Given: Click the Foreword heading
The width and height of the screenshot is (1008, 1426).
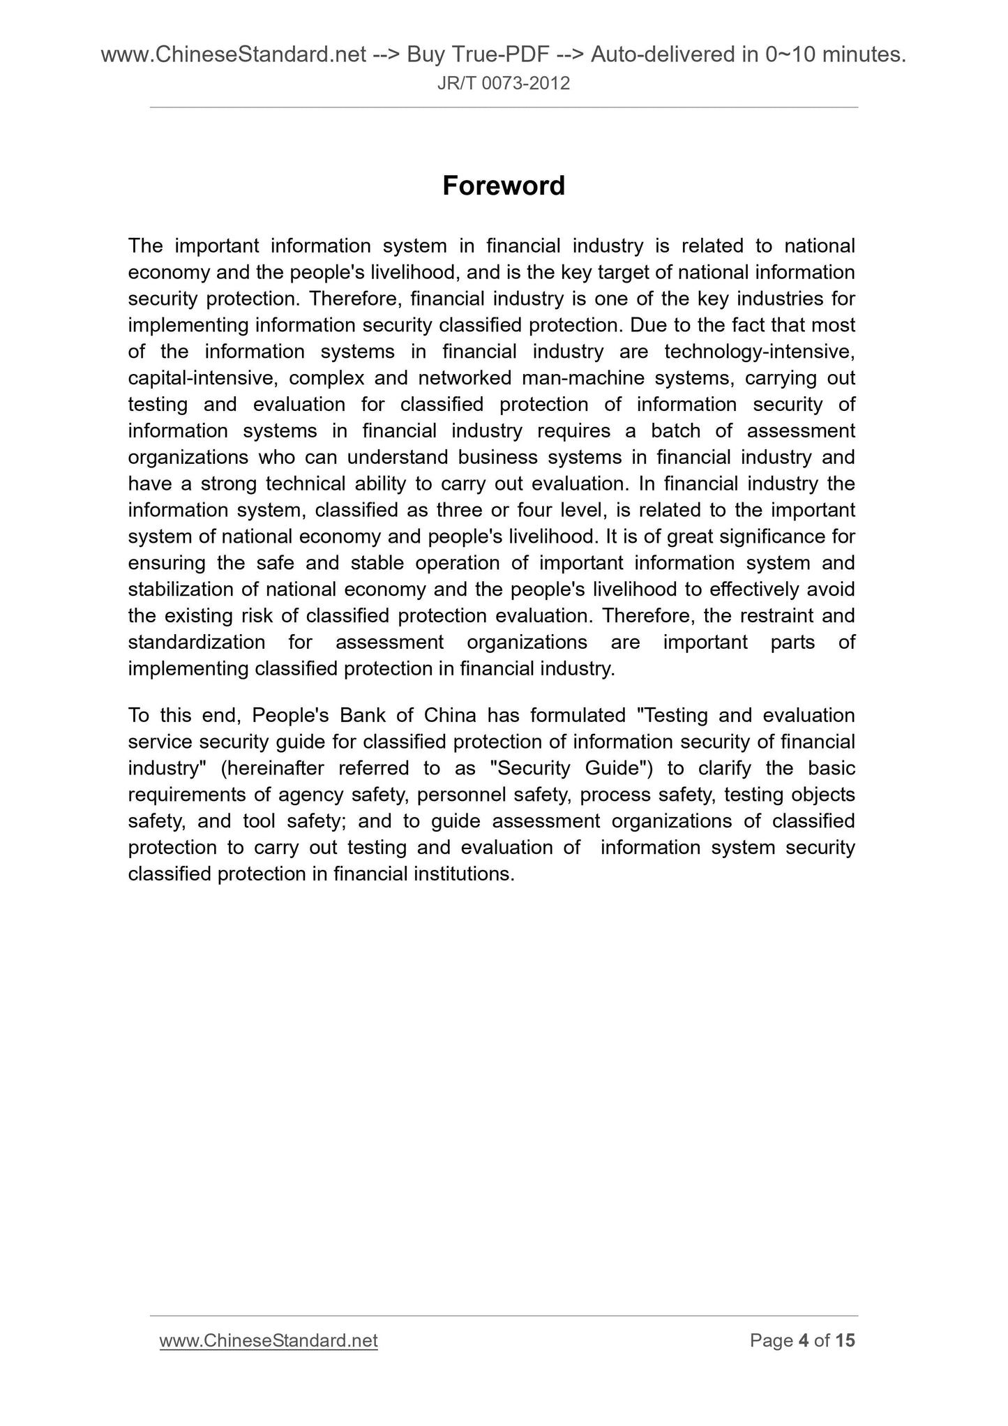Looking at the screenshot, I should (x=503, y=186).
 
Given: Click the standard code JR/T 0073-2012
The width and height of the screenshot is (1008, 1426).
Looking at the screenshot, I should (x=503, y=84).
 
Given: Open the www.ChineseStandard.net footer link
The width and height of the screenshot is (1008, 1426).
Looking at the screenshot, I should (x=269, y=1340).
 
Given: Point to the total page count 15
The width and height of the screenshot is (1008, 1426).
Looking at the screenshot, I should (x=845, y=1340).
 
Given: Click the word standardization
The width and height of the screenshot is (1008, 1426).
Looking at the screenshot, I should (x=196, y=643).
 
